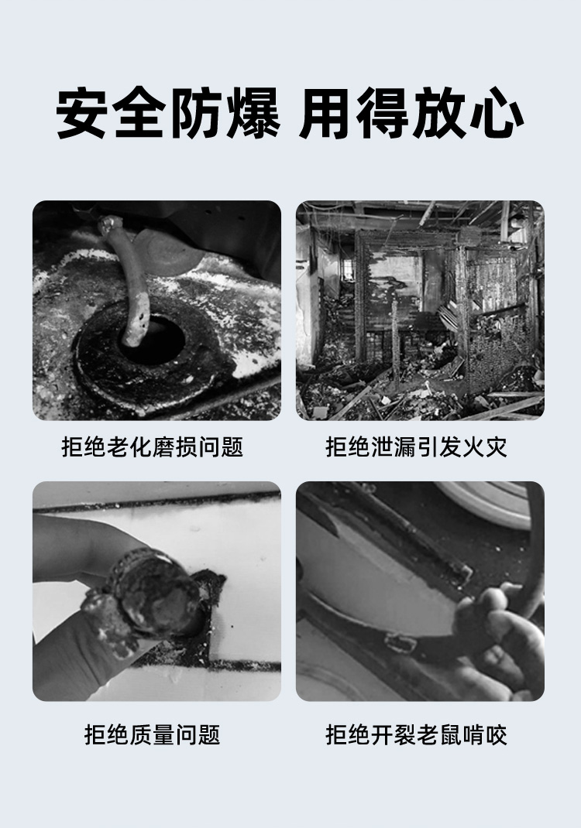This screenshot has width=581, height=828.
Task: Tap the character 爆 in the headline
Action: pos(253,115)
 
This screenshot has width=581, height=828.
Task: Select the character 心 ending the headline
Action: pos(497,115)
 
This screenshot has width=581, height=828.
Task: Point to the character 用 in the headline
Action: pos(325,115)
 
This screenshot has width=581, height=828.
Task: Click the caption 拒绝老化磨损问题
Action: pos(152,447)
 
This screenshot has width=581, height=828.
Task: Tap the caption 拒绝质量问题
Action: pos(152,734)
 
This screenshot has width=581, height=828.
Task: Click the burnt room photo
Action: pos(420,310)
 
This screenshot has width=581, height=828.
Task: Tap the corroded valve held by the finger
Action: pos(147,592)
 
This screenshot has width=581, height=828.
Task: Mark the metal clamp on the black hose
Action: pos(401,642)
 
